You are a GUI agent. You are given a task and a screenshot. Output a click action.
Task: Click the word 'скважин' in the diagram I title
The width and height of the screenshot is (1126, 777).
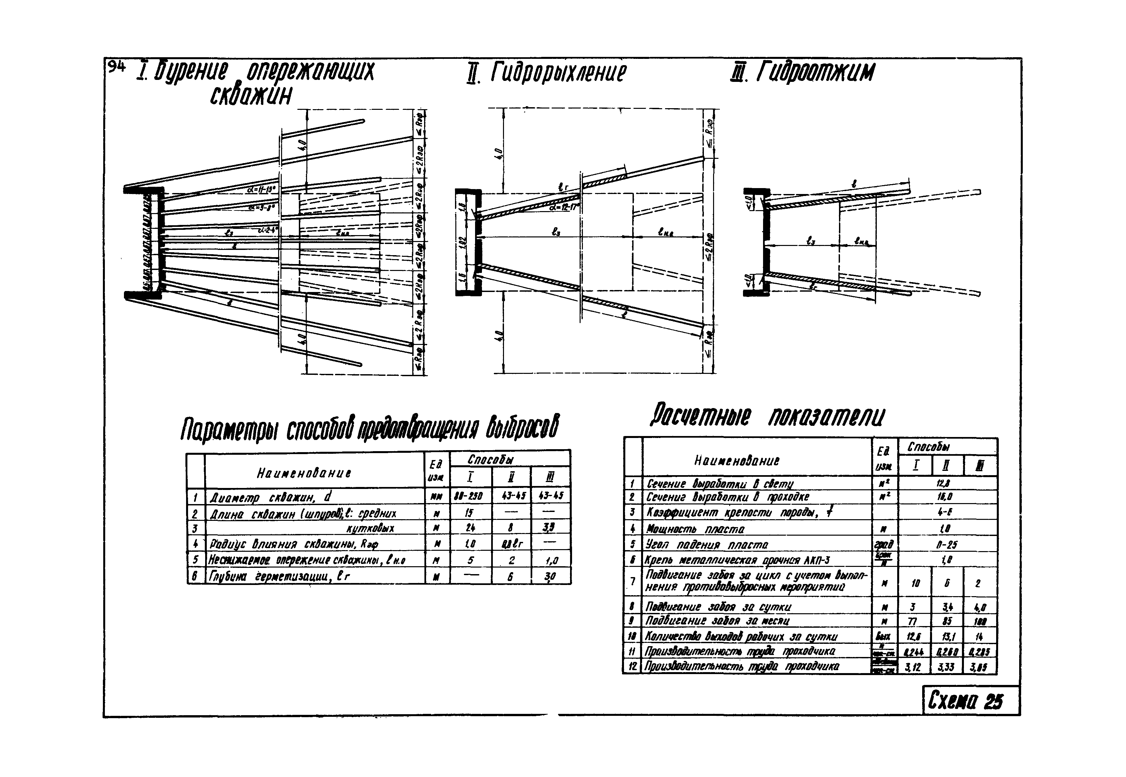coord(251,95)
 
